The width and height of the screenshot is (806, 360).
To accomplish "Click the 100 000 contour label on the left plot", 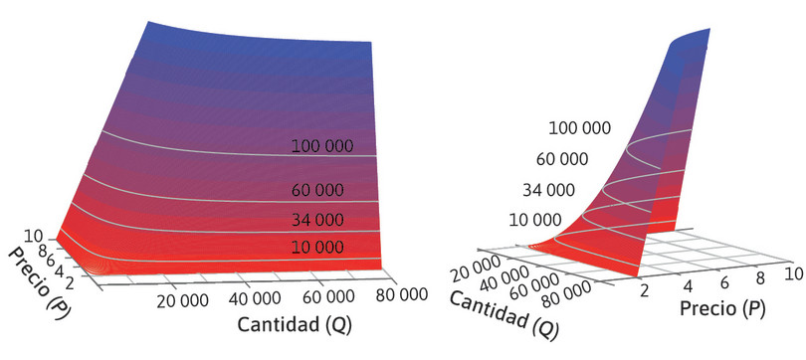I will [322, 145].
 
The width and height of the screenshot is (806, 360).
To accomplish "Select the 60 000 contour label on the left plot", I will [318, 190].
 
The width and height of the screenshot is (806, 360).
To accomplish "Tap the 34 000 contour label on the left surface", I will [318, 219].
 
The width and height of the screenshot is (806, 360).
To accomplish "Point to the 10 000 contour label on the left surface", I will [318, 247].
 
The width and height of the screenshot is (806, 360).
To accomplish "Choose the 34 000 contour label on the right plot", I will [547, 189].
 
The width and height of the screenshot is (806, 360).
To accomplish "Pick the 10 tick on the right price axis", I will [792, 272].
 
